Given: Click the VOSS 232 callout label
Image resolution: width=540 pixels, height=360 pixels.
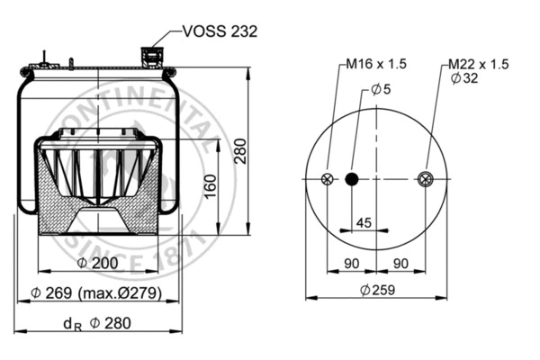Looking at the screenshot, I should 220,31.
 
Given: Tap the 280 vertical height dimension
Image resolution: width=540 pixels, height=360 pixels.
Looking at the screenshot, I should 240,154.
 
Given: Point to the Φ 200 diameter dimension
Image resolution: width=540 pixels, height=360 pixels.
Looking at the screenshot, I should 98,262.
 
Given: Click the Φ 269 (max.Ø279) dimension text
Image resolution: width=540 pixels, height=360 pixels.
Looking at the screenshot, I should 97,294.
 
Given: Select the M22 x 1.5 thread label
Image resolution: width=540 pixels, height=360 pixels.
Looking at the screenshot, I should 479,65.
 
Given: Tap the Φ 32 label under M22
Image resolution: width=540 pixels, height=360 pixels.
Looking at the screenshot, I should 466,79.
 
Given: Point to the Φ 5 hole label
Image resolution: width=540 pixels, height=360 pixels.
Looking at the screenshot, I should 381,89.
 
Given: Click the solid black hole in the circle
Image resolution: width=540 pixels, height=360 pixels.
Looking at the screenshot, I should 352,179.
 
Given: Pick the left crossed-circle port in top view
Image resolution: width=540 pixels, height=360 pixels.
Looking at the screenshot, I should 328,179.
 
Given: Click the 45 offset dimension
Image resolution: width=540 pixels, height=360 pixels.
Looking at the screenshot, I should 364,221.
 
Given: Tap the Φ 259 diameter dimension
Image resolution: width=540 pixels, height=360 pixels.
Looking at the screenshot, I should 376,290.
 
